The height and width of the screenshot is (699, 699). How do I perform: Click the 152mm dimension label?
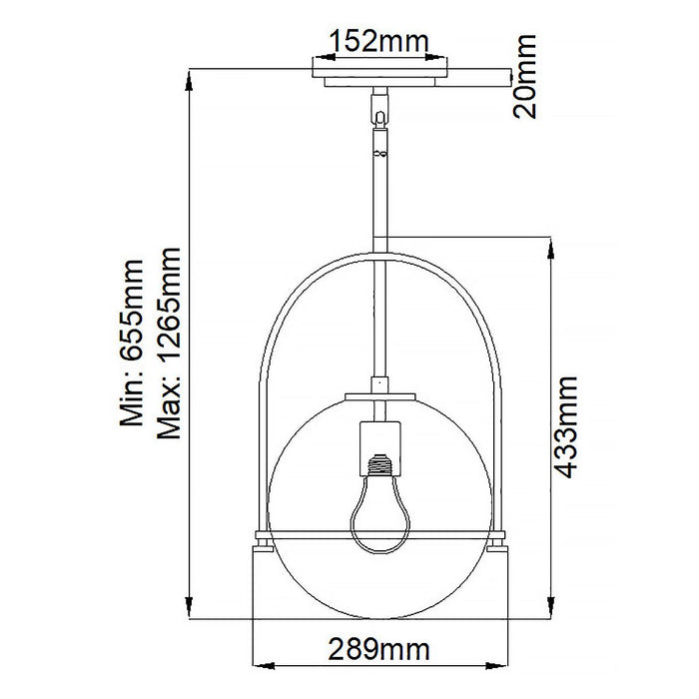point(378,42)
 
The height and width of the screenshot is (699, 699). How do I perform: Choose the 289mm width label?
point(378,651)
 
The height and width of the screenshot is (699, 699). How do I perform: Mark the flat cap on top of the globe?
point(378,396)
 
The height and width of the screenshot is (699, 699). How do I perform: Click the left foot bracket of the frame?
point(264,542)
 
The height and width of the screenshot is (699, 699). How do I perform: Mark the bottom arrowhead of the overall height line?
point(190,611)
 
